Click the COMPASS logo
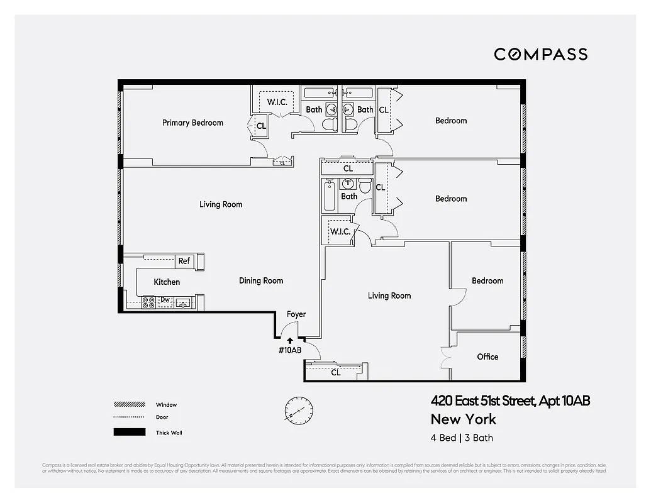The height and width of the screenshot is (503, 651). pos(540,54)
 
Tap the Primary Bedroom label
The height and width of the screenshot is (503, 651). pos(192,123)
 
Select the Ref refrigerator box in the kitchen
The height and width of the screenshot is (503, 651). pos(184,261)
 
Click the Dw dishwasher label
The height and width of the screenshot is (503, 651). pos(165,301)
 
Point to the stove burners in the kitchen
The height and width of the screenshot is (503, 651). pos(148,302)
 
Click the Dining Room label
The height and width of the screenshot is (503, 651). pos(261,280)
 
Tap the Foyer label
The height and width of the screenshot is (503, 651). pos(296,314)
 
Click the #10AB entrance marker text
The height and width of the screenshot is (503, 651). pos(290,350)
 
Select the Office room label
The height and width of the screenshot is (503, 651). pos(487,357)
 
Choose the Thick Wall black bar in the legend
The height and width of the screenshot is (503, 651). pos(125,433)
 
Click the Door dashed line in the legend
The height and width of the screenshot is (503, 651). pos(125,417)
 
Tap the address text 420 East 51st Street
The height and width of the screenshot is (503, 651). pos(510,401)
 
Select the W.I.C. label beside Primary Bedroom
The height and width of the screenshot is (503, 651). pos(277,102)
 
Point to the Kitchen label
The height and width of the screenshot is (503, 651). pos(167,282)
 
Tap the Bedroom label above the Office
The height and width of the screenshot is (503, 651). pos(487,280)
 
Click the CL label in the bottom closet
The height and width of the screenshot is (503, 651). pos(336,372)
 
